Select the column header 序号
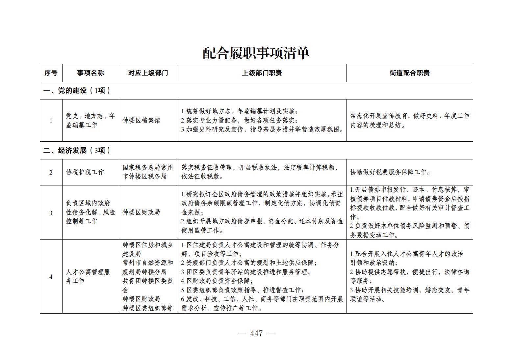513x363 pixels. [51, 73]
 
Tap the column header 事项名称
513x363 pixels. [90, 73]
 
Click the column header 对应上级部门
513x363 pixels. [148, 73]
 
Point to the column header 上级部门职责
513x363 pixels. [262, 73]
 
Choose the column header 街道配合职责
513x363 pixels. [409, 73]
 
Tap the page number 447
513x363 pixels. [256, 333]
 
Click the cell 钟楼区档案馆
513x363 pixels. [141, 121]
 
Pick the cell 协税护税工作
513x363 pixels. [85, 172]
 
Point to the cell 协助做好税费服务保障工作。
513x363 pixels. [391, 172]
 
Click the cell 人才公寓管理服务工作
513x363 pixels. [88, 276]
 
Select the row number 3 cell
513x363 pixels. [51, 212]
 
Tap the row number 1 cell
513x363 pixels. [51, 121]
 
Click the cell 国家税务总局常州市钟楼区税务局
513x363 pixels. [148, 172]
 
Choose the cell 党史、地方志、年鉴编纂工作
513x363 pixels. [90, 121]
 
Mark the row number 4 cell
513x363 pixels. [51, 276]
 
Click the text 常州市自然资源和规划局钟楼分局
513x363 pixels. [148, 267]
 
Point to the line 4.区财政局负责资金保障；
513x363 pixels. [217, 281]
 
